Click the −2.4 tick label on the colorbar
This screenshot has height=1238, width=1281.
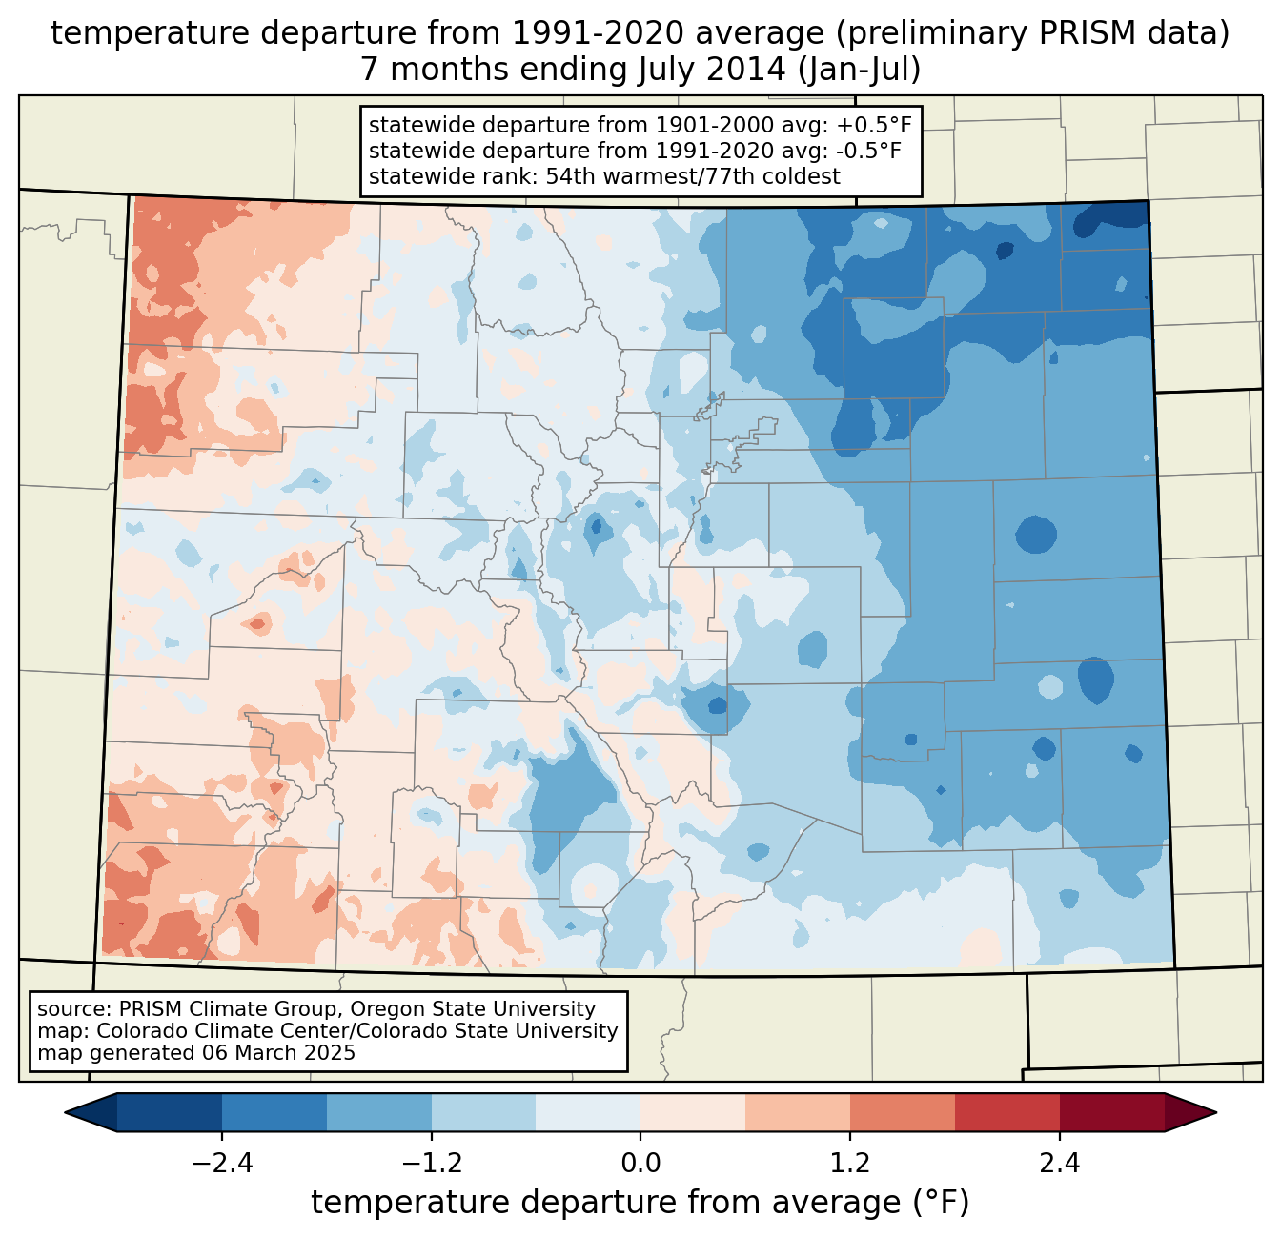[221, 1164]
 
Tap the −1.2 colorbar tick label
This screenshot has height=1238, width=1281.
[431, 1164]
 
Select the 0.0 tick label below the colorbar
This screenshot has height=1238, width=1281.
[640, 1164]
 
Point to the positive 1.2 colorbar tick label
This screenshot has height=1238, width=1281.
[850, 1164]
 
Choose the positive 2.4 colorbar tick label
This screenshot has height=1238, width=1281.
[1059, 1164]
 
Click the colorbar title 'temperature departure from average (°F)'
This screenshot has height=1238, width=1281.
[640, 1203]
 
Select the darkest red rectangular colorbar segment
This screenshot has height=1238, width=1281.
[1111, 1112]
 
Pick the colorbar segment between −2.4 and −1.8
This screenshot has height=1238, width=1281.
[274, 1112]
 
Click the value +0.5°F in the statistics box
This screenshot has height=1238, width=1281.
[874, 126]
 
